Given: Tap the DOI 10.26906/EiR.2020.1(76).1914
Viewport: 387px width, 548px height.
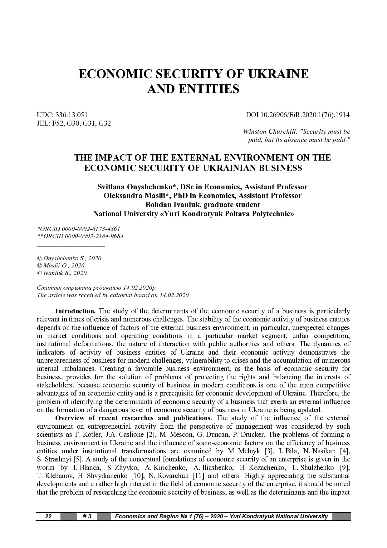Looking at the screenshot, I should (298, 115).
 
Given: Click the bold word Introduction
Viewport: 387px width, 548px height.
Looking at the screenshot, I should (75, 311).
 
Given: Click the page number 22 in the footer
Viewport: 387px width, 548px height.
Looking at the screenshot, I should (48, 516).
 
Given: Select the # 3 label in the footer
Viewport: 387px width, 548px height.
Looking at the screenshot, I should (87, 516).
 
